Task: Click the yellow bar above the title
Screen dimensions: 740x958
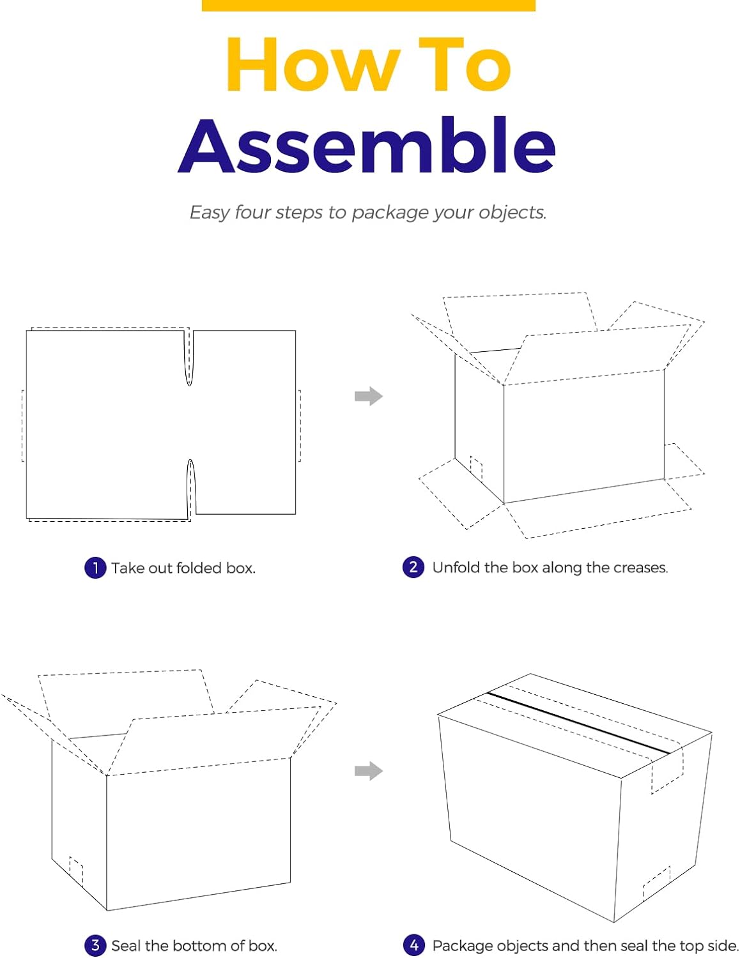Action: point(368,5)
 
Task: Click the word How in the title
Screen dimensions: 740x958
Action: point(313,65)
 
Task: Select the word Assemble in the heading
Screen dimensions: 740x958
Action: point(366,146)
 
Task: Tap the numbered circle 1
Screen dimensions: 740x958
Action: point(95,568)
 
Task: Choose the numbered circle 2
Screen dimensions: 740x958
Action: point(413,567)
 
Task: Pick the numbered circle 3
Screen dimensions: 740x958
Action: point(95,946)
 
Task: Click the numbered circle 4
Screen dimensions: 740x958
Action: point(413,946)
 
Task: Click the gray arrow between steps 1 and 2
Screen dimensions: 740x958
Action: point(369,396)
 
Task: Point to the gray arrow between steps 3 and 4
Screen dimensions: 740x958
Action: point(369,771)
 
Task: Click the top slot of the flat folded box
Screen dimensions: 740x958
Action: point(190,358)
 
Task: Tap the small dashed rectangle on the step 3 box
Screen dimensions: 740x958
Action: point(76,872)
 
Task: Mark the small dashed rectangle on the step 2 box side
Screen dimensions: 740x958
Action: point(476,469)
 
